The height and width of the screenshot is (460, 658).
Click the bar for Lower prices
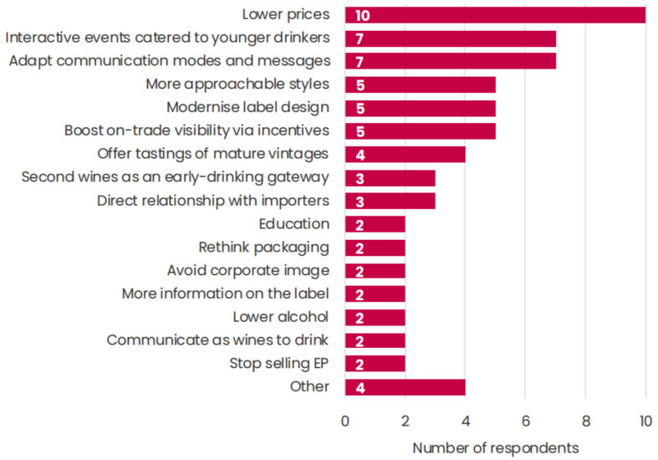pyautogui.click(x=495, y=15)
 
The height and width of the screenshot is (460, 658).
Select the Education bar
pyautogui.click(x=375, y=224)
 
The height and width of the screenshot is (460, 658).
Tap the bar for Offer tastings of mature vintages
pyautogui.click(x=405, y=154)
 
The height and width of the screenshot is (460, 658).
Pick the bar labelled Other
pyautogui.click(x=405, y=386)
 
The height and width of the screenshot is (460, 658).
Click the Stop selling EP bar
pyautogui.click(x=375, y=363)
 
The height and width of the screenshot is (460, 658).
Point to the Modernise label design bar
pyautogui.click(x=420, y=108)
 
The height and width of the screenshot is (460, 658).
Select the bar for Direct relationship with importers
pyautogui.click(x=390, y=201)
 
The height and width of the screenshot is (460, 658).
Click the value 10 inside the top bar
pyautogui.click(x=362, y=15)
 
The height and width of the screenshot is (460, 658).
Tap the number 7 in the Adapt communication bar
pyautogui.click(x=359, y=61)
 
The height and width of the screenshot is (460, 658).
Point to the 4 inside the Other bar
pyautogui.click(x=359, y=386)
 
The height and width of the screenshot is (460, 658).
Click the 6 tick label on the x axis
pyautogui.click(x=525, y=421)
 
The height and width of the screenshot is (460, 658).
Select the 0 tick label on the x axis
pyautogui.click(x=344, y=421)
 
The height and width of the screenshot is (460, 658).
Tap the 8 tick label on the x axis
pyautogui.click(x=585, y=421)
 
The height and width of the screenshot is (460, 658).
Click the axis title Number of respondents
pyautogui.click(x=495, y=447)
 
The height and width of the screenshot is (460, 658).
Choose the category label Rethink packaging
pyautogui.click(x=263, y=248)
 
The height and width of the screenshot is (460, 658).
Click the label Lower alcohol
pyautogui.click(x=281, y=317)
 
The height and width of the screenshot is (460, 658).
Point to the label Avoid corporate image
pyautogui.click(x=247, y=270)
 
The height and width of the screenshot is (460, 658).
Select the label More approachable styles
pyautogui.click(x=237, y=84)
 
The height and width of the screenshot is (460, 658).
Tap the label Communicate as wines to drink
pyautogui.click(x=217, y=340)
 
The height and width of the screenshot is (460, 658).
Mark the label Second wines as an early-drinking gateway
pyautogui.click(x=175, y=177)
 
